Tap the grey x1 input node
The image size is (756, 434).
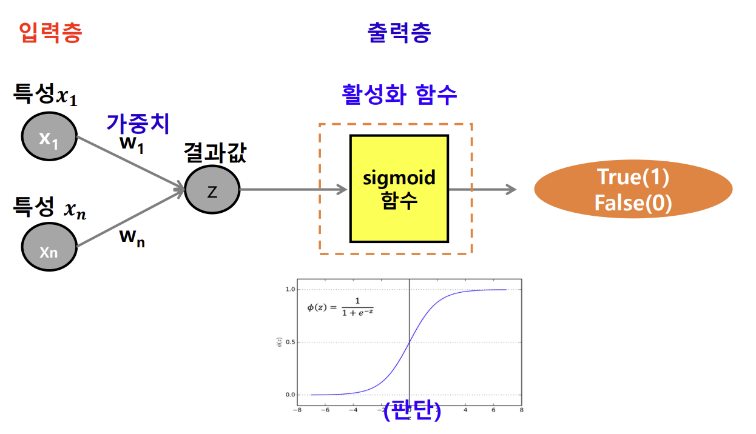[x=49, y=139]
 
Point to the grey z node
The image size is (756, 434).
[x=212, y=191]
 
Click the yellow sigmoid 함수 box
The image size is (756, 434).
[x=399, y=189]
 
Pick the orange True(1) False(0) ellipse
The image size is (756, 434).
[x=633, y=190]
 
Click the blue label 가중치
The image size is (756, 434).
[x=138, y=122]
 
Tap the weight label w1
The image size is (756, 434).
[x=132, y=146]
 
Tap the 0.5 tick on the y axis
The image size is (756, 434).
[x=290, y=342]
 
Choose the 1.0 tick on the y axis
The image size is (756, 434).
[x=290, y=290]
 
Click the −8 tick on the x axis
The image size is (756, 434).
[x=296, y=409]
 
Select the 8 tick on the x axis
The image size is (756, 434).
[x=521, y=409]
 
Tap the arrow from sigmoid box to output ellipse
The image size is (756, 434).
[x=482, y=190]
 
